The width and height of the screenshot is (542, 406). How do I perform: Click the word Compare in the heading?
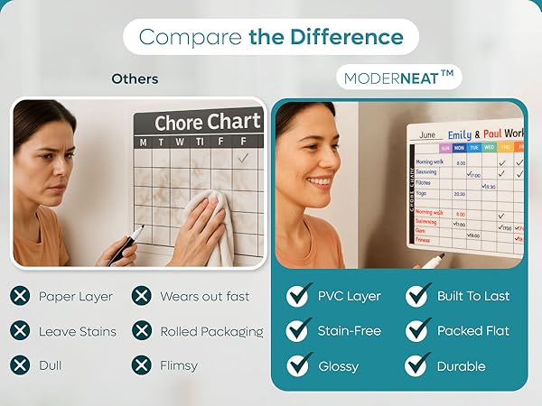click(x=191, y=37)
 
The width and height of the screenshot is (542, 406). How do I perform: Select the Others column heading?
click(x=135, y=78)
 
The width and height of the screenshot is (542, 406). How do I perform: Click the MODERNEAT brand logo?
click(x=397, y=78)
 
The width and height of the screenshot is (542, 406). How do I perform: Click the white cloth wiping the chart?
click(x=213, y=226)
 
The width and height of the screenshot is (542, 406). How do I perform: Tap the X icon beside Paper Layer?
click(x=20, y=296)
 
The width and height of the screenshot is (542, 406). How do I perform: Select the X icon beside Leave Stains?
click(x=20, y=331)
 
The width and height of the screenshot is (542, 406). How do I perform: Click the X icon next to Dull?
click(x=20, y=365)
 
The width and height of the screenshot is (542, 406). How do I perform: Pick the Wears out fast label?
click(x=204, y=296)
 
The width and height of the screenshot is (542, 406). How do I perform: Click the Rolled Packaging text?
click(x=211, y=331)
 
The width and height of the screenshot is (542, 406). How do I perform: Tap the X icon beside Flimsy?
click(x=141, y=365)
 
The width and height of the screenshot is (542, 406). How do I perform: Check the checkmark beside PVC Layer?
click(x=298, y=296)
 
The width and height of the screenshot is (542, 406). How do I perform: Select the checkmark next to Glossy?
click(x=298, y=365)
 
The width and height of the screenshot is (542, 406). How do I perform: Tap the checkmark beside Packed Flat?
click(x=417, y=331)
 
